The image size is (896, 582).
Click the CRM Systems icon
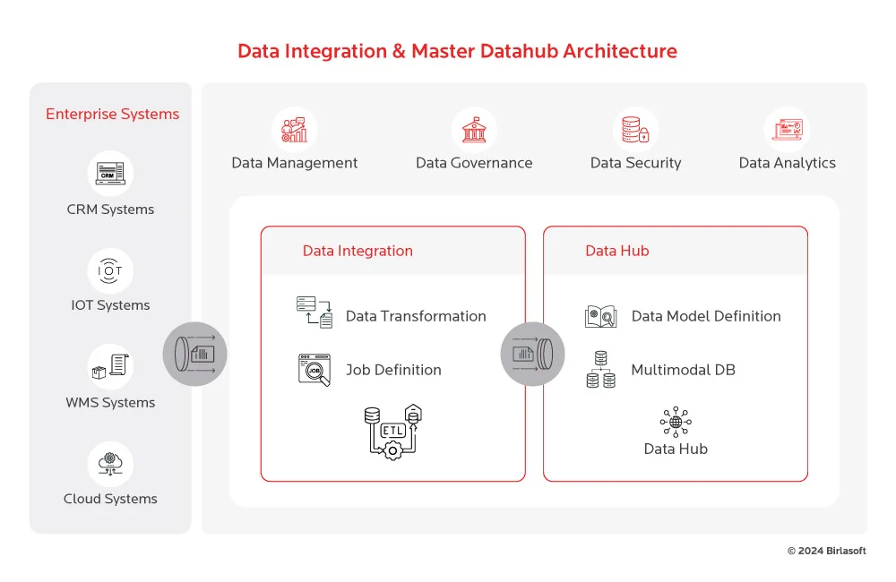click(x=110, y=173)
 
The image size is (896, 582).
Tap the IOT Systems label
click(x=110, y=305)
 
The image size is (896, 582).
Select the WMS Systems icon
click(x=110, y=366)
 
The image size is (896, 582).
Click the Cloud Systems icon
click(x=110, y=464)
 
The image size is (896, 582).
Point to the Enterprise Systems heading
click(x=112, y=114)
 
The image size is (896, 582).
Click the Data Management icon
click(x=294, y=131)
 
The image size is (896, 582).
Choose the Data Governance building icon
click(x=474, y=131)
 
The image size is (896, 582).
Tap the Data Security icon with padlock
click(x=635, y=131)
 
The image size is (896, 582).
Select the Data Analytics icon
click(x=787, y=131)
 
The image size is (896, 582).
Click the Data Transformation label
click(x=416, y=316)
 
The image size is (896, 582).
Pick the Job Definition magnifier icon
click(x=314, y=370)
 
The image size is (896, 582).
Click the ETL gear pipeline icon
click(x=392, y=432)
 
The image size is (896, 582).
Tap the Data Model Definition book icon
click(x=600, y=316)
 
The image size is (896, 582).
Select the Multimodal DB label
click(x=683, y=370)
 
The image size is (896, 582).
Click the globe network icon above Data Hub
click(x=676, y=422)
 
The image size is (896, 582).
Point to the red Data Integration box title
click(x=358, y=251)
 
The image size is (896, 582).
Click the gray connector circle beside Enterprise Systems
click(x=194, y=354)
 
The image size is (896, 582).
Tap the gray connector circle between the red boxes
click(x=532, y=354)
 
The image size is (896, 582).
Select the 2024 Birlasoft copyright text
click(x=826, y=551)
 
